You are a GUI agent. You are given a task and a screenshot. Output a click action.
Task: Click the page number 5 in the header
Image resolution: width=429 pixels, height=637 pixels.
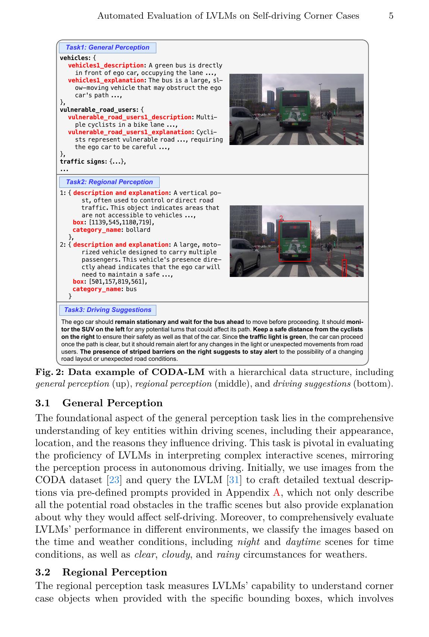pos(391,16)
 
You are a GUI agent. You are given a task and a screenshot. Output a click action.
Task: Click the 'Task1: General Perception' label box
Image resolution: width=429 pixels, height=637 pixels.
pos(107,48)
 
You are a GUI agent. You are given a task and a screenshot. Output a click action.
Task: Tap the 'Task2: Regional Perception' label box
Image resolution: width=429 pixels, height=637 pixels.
pos(109,182)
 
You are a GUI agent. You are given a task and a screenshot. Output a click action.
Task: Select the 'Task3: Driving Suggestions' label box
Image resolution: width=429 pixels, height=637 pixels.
pos(108,310)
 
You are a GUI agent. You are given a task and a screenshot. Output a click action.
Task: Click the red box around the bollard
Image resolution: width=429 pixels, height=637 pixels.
pos(344,268)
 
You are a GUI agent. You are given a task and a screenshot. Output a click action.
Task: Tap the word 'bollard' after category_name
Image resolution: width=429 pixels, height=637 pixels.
pos(138,230)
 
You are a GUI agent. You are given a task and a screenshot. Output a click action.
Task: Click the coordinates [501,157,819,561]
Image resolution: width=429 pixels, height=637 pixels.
pos(118,282)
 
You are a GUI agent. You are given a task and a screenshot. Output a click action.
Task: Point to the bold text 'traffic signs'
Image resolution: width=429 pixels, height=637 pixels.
pos(83,162)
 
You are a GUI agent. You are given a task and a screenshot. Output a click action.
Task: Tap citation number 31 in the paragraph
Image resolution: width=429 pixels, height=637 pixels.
pos(234,480)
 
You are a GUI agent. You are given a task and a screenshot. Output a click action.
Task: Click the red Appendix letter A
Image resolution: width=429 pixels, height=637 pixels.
pos(276,493)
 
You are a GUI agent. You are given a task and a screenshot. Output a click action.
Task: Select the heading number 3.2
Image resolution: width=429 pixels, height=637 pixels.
pos(43,572)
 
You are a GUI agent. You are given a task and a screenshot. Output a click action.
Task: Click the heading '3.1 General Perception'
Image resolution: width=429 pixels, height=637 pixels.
pos(99,403)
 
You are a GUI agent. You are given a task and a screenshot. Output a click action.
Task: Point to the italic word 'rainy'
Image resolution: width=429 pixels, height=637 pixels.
pos(228,555)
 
